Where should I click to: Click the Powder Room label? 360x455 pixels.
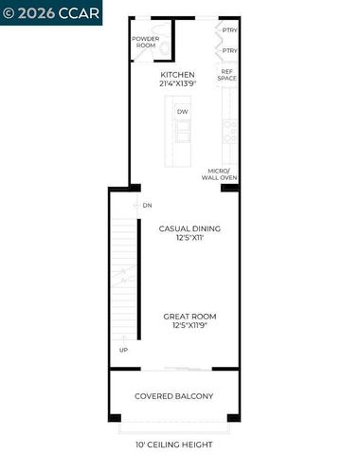click(x=145, y=41)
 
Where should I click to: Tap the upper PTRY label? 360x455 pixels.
click(x=229, y=30)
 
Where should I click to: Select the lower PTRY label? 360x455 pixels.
click(x=229, y=50)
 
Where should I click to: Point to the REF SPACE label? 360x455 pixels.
click(x=228, y=74)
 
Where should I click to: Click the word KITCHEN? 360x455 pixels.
click(x=177, y=74)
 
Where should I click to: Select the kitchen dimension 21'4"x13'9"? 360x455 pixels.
click(x=177, y=84)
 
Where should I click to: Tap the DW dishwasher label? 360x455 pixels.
click(x=181, y=112)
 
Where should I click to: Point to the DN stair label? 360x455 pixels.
click(x=148, y=205)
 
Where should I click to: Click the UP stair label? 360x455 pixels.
click(x=123, y=350)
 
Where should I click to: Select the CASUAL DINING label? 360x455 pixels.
click(x=189, y=228)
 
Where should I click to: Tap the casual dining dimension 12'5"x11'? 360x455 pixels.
click(x=189, y=239)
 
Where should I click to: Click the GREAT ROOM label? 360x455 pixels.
click(x=189, y=317)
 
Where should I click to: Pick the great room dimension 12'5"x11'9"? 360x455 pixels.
click(x=189, y=327)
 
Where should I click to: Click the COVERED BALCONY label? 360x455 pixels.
click(x=173, y=395)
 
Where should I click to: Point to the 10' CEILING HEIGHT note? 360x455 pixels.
click(x=173, y=444)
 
